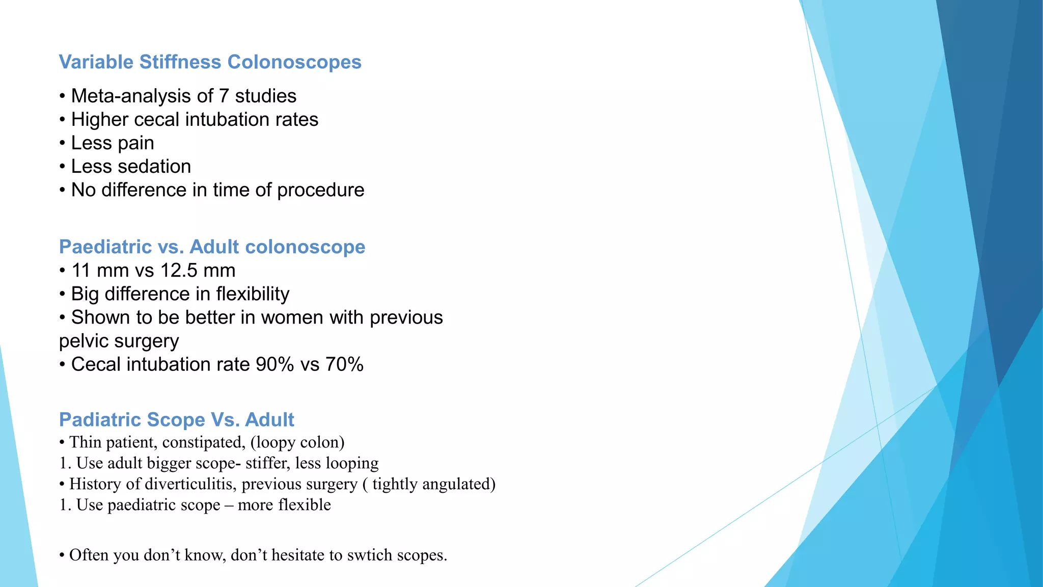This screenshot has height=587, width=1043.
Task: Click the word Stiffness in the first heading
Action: click(180, 62)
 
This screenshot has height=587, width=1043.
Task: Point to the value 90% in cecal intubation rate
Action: click(275, 365)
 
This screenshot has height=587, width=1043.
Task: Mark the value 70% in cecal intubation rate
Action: click(344, 365)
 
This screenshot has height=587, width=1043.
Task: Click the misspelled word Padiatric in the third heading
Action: click(100, 420)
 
